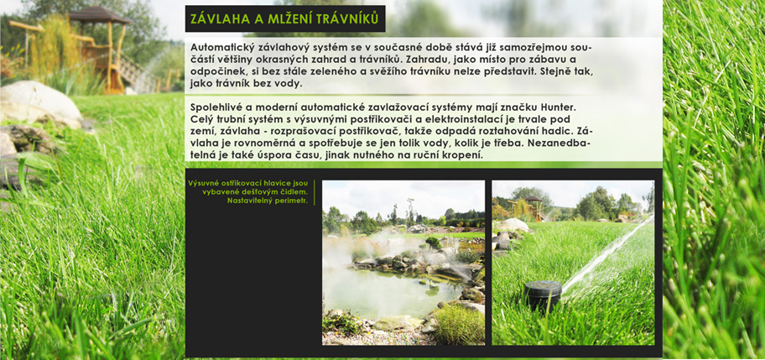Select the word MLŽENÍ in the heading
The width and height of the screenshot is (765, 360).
coord(284,18)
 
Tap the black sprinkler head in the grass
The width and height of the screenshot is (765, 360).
coord(543,295)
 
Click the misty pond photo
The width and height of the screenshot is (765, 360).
coord(403,263)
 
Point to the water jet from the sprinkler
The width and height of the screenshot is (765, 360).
coord(606,253)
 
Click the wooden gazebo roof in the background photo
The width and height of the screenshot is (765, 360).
coord(99,16)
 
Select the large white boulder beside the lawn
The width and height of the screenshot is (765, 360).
coord(40,103)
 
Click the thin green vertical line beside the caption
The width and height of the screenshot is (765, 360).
coord(315,193)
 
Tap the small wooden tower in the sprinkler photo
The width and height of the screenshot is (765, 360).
coord(533,208)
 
